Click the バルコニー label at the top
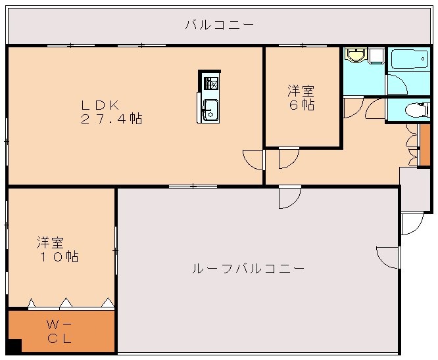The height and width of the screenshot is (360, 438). pyautogui.click(x=218, y=26)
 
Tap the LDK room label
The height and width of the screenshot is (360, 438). pyautogui.click(x=99, y=104)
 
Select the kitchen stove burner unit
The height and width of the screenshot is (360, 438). pyautogui.click(x=210, y=82)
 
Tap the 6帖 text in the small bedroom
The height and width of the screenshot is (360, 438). pyautogui.click(x=302, y=105)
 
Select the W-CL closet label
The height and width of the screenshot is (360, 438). pyautogui.click(x=59, y=332)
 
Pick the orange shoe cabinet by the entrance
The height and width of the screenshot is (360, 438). pyautogui.click(x=424, y=150)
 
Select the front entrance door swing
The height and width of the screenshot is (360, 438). pyautogui.click(x=412, y=223)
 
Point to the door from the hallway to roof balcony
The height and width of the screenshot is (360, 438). pyautogui.click(x=289, y=197)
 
